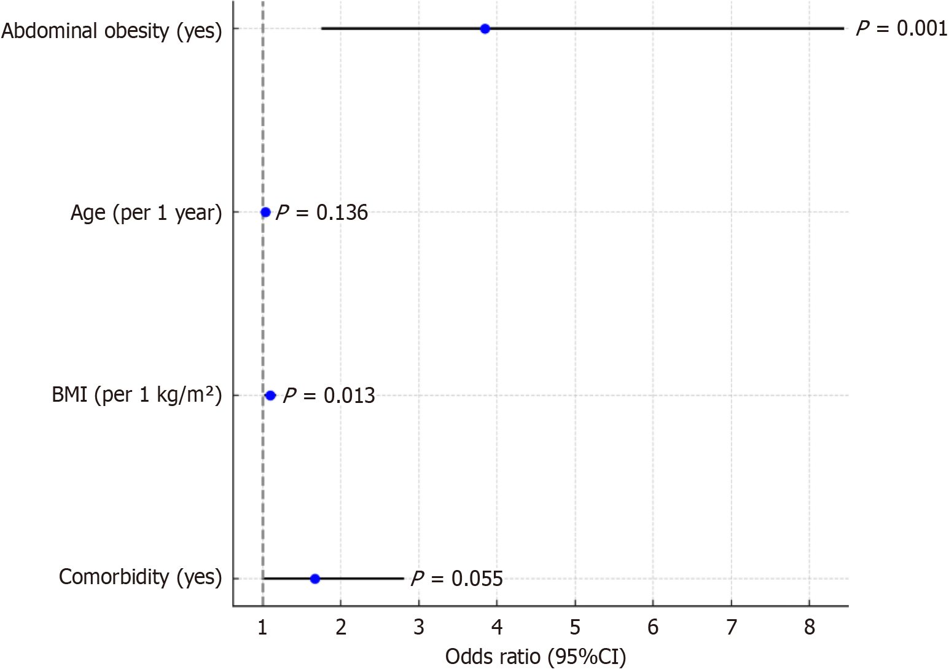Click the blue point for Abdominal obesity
point(485,28)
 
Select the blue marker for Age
point(265,212)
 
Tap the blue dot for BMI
point(270,395)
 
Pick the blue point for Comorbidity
point(315,579)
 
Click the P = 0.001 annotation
point(902,28)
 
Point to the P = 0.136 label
point(322,213)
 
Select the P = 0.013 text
point(329,396)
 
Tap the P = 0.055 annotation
point(457,579)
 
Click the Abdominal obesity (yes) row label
point(111,30)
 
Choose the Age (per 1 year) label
point(146,213)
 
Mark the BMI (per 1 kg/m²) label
point(136,394)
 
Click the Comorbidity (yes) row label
point(140,577)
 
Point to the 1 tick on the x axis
point(263,627)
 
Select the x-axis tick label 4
point(497,627)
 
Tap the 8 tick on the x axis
point(809,627)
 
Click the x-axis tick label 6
point(653,627)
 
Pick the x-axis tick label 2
point(341,627)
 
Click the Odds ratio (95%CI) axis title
point(536,657)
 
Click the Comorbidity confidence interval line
point(369,579)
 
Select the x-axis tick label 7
point(731,627)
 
